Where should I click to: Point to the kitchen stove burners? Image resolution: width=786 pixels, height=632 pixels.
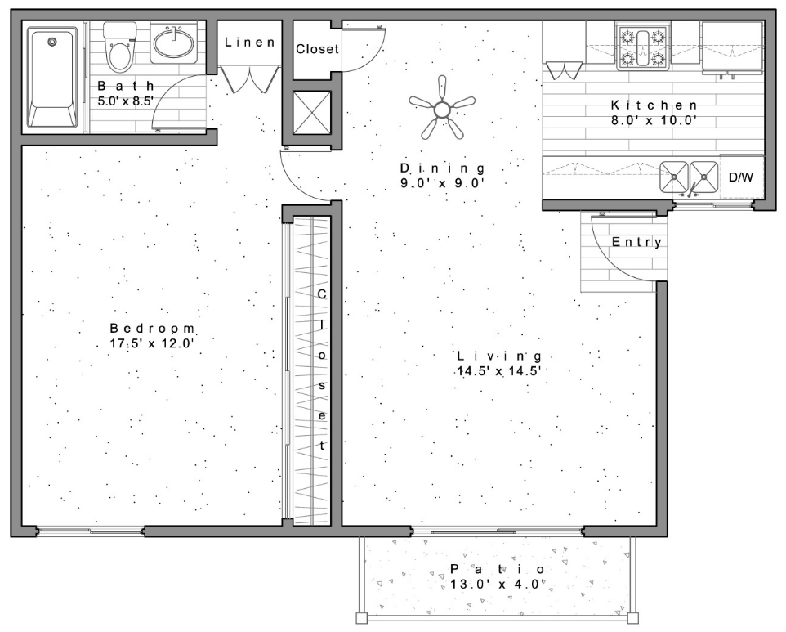click(x=644, y=47)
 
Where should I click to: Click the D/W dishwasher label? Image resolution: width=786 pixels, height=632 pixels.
click(x=740, y=177)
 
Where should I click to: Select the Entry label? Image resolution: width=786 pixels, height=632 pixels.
click(x=636, y=242)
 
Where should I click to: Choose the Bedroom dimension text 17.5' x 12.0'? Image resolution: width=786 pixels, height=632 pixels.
click(x=151, y=343)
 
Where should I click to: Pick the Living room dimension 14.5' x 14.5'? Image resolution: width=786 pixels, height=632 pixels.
click(x=500, y=370)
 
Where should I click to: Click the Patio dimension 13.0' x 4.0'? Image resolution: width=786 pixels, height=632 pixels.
click(x=497, y=584)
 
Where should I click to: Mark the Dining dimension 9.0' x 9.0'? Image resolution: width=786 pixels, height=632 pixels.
click(x=442, y=183)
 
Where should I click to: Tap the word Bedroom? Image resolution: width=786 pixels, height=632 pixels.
click(x=153, y=328)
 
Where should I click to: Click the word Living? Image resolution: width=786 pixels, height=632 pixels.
click(x=499, y=356)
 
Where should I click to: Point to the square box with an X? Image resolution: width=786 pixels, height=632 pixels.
click(x=311, y=114)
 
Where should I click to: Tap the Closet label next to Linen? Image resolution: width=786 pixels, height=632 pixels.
click(x=316, y=49)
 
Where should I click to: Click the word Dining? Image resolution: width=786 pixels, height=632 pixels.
click(x=442, y=168)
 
